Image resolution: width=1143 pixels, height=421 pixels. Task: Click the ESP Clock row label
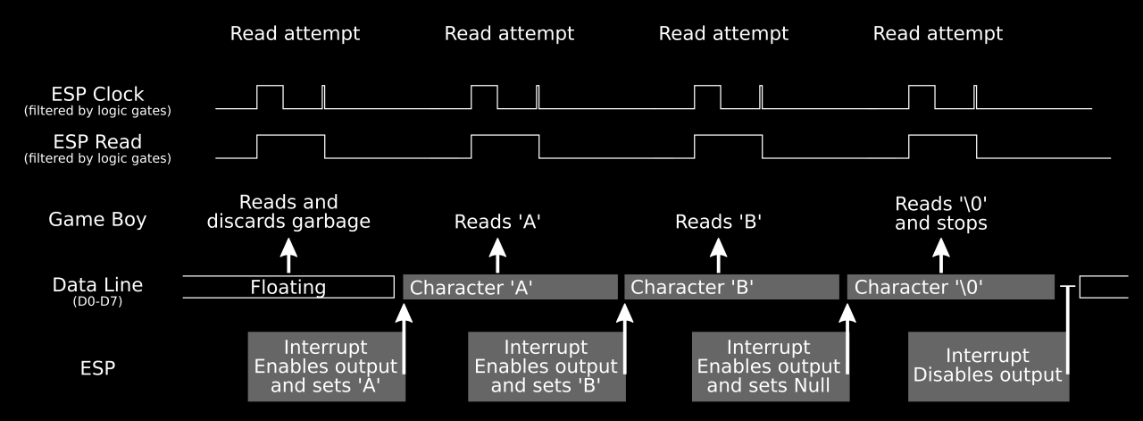pos(97,94)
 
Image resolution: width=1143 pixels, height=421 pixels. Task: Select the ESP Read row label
pos(97,142)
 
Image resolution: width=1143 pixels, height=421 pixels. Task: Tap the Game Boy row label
pos(97,220)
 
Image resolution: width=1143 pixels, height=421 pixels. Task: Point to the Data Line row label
pos(97,285)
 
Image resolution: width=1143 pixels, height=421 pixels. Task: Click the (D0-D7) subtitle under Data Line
pos(97,302)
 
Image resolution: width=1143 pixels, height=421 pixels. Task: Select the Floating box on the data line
pos(288,287)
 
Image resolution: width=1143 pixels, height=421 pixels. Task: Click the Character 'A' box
pos(510,287)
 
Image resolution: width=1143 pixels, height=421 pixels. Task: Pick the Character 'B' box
pos(731,287)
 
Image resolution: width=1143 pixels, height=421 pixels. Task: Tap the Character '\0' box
pos(950,287)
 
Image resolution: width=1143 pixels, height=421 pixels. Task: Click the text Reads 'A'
pos(497,222)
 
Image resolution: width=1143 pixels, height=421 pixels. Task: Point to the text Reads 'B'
pos(717,222)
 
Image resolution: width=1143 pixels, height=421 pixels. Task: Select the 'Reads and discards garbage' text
pos(288,212)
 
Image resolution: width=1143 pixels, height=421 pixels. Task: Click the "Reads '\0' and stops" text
pos(940,213)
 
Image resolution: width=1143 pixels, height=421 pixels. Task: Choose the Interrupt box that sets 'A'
pos(326,366)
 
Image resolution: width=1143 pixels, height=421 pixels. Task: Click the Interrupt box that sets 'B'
pos(546,366)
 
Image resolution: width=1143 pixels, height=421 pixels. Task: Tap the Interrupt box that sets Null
pos(769,366)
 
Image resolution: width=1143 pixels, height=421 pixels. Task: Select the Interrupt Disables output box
pos(987,366)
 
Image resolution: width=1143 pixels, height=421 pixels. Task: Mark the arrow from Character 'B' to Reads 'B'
pos(717,257)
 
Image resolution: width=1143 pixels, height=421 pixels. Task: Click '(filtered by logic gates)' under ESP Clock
pos(97,111)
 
